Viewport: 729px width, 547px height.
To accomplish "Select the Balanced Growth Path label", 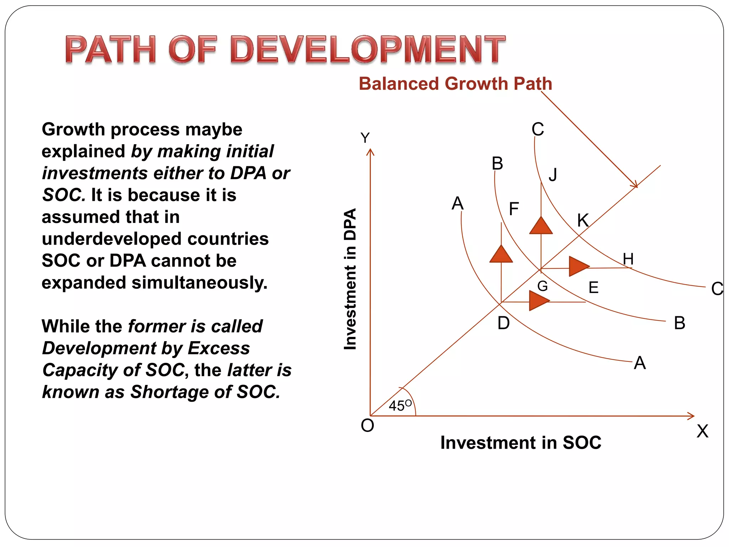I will click(x=455, y=84).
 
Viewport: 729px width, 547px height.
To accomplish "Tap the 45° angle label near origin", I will click(x=400, y=406).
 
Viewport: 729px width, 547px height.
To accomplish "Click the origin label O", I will click(x=367, y=426).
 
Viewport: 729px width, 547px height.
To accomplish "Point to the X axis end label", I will click(x=702, y=431).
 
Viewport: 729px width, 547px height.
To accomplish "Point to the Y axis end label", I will click(x=365, y=138).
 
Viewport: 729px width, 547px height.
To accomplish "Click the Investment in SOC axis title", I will click(x=521, y=443).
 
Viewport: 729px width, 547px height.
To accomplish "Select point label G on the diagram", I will click(x=542, y=286).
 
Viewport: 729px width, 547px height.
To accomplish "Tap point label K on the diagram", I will click(x=583, y=220).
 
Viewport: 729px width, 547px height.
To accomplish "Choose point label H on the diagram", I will click(x=628, y=259).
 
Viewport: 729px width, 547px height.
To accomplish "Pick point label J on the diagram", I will click(x=553, y=175).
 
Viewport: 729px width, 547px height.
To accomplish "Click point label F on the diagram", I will click(x=514, y=209).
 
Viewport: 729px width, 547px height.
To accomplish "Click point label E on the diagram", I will click(x=593, y=287).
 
